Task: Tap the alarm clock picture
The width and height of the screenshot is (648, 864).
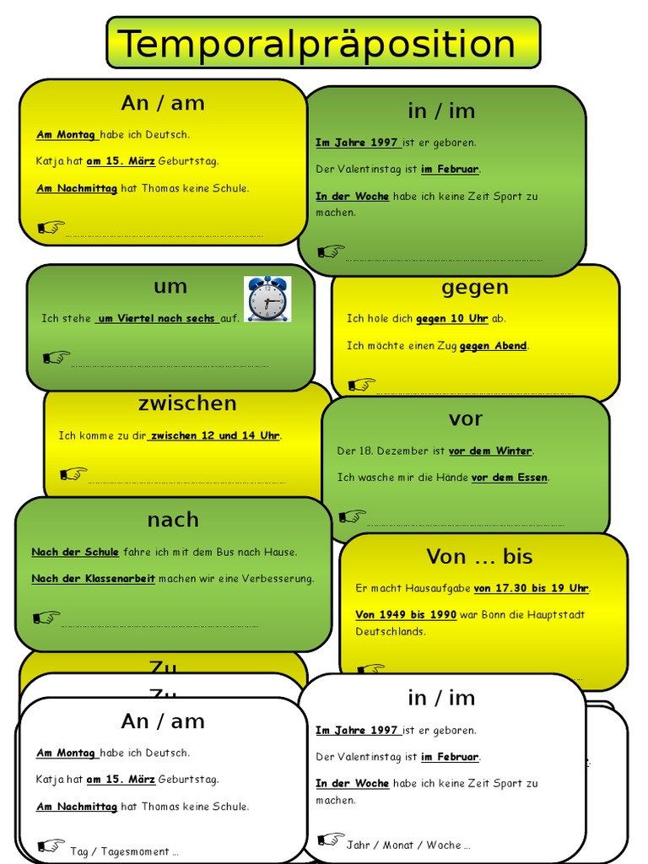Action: (x=267, y=298)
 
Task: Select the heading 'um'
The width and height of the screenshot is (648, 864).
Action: (x=170, y=286)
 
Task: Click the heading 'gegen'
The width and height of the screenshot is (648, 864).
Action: (x=475, y=287)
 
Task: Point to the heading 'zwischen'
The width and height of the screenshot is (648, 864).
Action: (x=187, y=403)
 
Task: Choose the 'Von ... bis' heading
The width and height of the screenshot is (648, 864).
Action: (x=479, y=556)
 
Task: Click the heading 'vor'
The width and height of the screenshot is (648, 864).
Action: (x=466, y=418)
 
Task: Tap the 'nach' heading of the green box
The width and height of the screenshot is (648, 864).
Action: (x=173, y=520)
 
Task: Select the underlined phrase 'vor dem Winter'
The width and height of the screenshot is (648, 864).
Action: (x=490, y=451)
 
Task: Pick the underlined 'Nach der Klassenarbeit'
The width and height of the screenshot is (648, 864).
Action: (x=93, y=579)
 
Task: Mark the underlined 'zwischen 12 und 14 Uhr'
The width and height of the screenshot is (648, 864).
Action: (x=214, y=435)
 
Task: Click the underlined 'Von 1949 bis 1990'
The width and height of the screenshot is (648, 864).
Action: (x=406, y=615)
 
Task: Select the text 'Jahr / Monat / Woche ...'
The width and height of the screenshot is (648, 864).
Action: (x=408, y=845)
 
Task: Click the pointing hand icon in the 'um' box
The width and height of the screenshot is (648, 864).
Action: (x=57, y=358)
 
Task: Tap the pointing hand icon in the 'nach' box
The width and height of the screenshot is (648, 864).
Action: (x=46, y=618)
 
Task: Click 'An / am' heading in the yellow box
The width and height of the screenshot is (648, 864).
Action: (x=163, y=103)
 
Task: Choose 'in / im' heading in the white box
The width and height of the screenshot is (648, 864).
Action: (x=441, y=698)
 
